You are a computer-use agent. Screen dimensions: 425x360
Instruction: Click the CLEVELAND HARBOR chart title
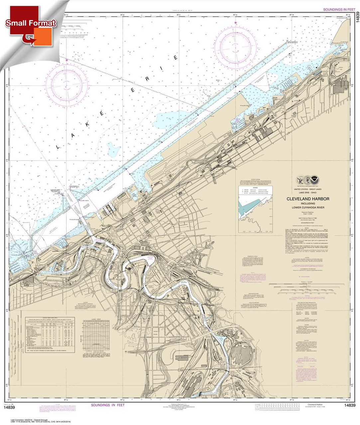308,199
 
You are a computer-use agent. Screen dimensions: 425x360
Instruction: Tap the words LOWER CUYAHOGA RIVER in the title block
308,208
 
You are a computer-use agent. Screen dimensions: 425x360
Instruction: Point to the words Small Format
30,23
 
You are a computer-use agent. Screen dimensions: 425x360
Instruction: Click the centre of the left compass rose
67,81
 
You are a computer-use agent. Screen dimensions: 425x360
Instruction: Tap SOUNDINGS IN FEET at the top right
339,10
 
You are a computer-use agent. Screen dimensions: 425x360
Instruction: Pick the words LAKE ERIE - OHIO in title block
308,192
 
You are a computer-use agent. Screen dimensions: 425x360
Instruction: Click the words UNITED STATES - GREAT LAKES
308,189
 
